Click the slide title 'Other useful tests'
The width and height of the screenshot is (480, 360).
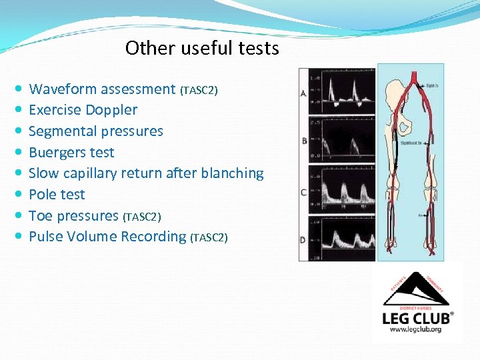[202, 49]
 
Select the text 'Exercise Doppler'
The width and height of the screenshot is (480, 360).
[83, 110]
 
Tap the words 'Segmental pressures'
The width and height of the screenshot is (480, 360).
[96, 131]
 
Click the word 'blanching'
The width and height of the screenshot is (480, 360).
[237, 173]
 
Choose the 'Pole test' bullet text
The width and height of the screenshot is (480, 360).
[57, 195]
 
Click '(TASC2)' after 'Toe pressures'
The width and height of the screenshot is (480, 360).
[142, 217]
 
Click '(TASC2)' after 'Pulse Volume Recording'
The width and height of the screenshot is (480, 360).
[209, 237]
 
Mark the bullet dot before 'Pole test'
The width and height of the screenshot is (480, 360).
[18, 195]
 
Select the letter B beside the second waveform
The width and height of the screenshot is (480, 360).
[304, 141]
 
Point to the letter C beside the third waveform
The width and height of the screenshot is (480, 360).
[303, 193]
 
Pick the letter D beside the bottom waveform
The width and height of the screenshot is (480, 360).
[303, 239]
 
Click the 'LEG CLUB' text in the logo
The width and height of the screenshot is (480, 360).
[416, 317]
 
